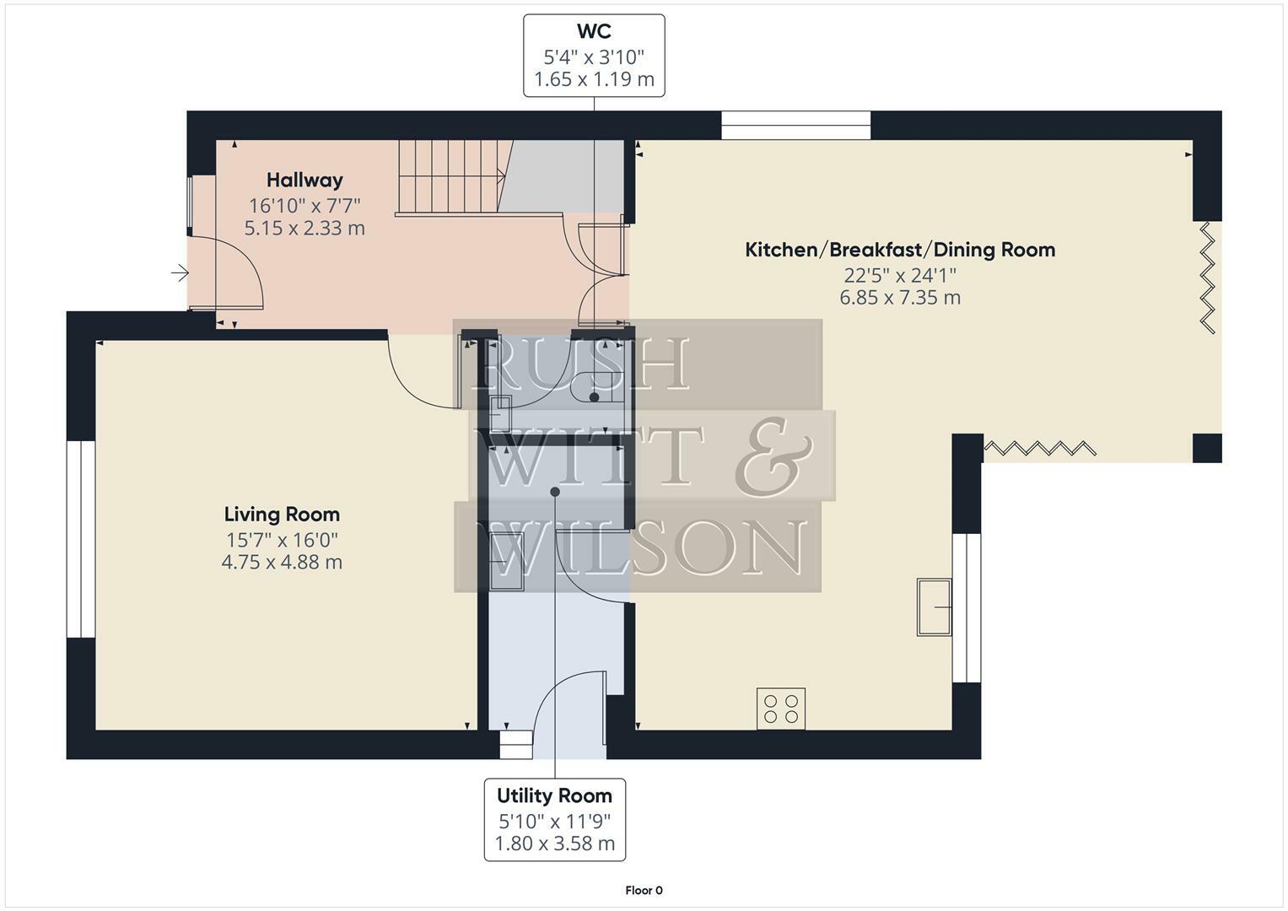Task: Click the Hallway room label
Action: coord(304,180)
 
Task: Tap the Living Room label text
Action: coord(282,514)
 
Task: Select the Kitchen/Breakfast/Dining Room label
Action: coord(900,250)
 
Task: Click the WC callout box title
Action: coord(594,32)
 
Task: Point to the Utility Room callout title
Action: coord(554,795)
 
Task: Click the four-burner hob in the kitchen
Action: coord(780,709)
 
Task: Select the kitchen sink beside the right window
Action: coord(934,606)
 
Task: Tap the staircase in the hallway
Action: coord(454,177)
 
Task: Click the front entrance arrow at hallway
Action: coord(180,272)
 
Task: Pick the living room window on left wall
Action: coord(81,538)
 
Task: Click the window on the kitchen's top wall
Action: coord(795,126)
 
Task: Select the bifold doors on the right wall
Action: coord(1208,277)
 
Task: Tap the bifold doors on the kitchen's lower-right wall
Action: coord(1039,448)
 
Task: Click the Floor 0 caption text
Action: coord(644,890)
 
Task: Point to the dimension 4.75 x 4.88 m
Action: coord(282,562)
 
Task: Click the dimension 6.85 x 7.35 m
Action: coord(900,298)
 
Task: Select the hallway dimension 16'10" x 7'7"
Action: coord(304,205)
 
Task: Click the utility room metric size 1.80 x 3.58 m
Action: coord(554,844)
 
